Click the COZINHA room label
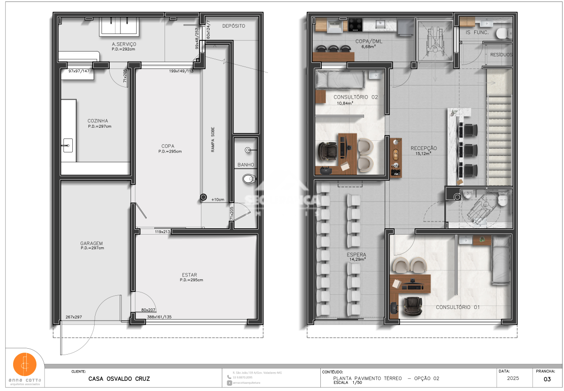click(98, 121)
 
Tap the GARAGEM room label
click(91, 243)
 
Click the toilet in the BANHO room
click(249, 179)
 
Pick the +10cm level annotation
click(217, 200)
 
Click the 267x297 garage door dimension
click(74, 317)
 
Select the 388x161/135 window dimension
click(159, 317)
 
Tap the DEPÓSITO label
click(233, 26)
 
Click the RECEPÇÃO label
click(423, 148)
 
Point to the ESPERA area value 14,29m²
click(357, 259)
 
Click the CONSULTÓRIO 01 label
click(457, 307)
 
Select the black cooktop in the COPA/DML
click(354, 24)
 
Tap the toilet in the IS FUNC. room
click(502, 32)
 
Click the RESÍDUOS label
click(501, 55)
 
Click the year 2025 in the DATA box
click(513, 377)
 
